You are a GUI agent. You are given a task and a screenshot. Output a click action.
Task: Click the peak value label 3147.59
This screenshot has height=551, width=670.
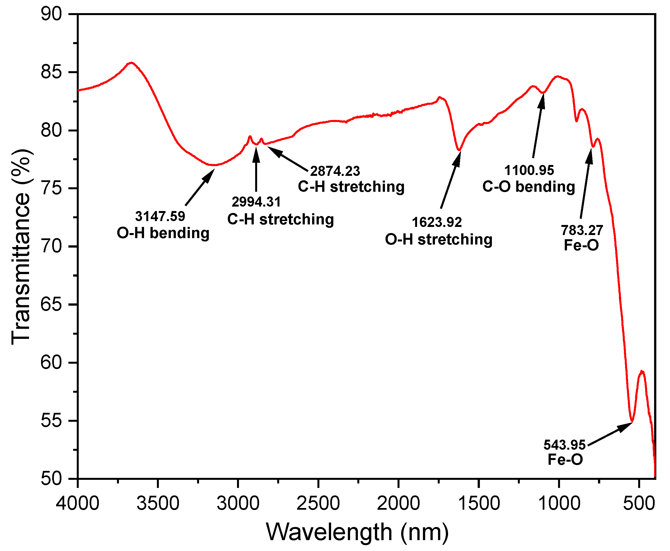[160, 217]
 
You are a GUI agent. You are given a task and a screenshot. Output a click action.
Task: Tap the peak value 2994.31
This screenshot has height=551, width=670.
[256, 202]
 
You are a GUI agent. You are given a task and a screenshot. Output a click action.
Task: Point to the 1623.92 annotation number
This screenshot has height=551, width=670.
[436, 222]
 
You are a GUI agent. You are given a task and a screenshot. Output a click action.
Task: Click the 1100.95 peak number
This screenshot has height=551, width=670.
[529, 171]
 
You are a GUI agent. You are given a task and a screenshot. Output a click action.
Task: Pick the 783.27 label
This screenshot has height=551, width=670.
[582, 230]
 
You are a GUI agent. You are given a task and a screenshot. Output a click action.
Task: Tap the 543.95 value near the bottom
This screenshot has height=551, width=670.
[564, 445]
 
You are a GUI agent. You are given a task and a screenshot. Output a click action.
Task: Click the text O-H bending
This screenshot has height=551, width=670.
[163, 233]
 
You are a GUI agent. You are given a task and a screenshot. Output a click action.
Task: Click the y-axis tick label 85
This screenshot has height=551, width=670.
[51, 72]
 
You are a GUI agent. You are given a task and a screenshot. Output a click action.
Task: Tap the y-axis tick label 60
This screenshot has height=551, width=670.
[51, 363]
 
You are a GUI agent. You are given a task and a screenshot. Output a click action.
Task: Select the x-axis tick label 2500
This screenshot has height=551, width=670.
[318, 503]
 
